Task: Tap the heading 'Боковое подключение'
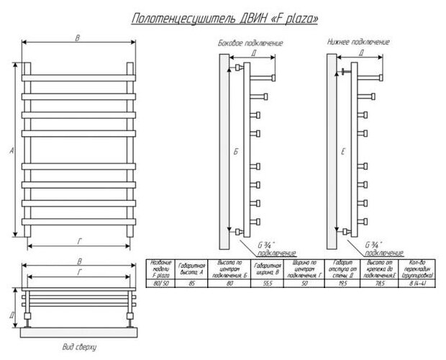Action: pyautogui.click(x=250, y=43)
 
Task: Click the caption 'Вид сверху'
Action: pyautogui.click(x=80, y=347)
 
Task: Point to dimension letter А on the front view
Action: pyautogui.click(x=12, y=150)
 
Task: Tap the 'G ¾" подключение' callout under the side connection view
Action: pyautogui.click(x=273, y=249)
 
